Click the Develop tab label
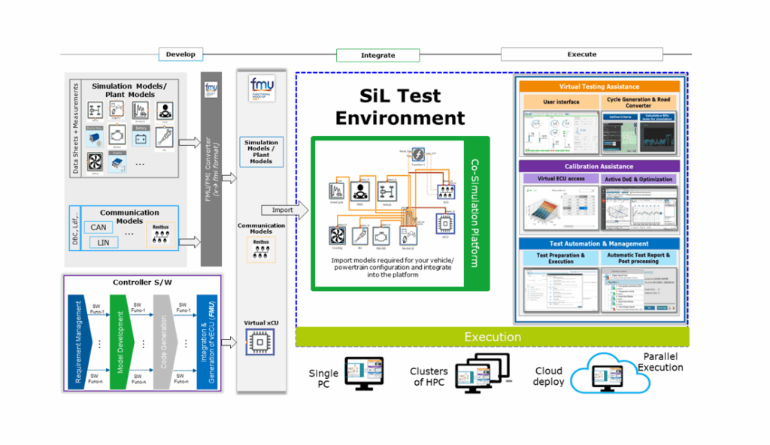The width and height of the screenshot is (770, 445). [180, 54]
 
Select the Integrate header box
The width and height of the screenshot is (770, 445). [377, 55]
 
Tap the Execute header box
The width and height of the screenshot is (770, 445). [581, 54]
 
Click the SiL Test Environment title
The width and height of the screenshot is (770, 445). [400, 107]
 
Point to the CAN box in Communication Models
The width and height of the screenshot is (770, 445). [98, 227]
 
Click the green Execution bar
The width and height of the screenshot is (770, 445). [493, 337]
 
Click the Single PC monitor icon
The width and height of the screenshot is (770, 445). [364, 374]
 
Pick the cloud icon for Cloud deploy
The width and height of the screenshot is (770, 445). [611, 374]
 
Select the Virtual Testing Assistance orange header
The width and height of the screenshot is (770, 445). [599, 87]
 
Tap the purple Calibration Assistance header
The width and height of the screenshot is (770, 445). [599, 166]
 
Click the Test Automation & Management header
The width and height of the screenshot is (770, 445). [599, 244]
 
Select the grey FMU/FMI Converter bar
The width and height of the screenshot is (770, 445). [211, 169]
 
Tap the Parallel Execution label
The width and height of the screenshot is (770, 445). [661, 362]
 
